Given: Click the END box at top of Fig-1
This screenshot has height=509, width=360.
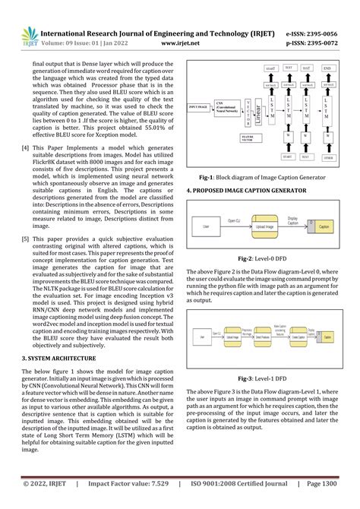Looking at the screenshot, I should point(327,68).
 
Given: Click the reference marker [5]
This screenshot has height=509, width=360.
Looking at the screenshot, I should point(26,239).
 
